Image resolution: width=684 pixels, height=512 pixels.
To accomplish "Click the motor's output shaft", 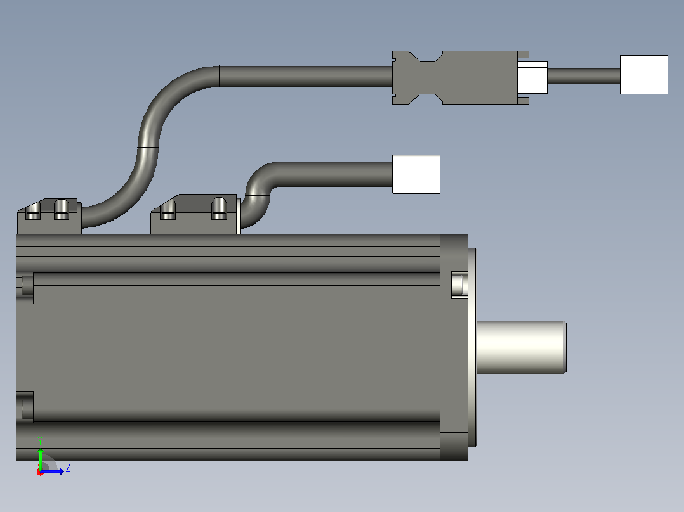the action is coord(522,347).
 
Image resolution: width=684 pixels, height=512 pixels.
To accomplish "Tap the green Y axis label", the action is coord(40,442).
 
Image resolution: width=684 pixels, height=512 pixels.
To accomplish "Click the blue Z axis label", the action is coord(68,468).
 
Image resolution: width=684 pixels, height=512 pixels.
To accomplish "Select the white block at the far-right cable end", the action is coord(644,75).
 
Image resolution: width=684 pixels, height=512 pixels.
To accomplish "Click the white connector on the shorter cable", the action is coord(416,174).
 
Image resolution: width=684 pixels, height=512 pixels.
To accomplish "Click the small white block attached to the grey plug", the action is coord(532,77).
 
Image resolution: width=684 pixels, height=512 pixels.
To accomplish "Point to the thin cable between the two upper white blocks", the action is coord(584,76).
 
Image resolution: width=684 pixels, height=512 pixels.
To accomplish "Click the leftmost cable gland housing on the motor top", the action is coord(49,217).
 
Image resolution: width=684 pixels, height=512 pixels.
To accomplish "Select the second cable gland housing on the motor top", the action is coord(195,214).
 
